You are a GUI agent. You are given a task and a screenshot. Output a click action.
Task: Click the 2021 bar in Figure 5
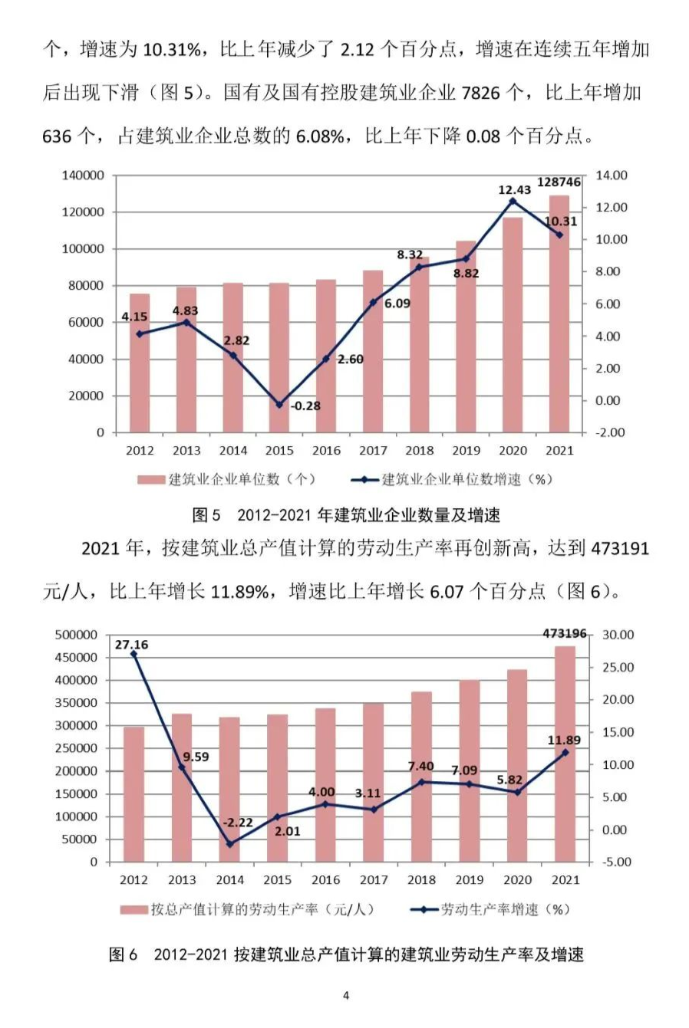click(x=559, y=314)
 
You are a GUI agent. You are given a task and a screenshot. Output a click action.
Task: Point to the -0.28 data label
click(x=305, y=406)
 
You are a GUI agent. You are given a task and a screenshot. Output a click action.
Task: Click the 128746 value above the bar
click(x=559, y=182)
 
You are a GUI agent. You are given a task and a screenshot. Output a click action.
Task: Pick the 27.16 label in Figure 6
click(x=132, y=645)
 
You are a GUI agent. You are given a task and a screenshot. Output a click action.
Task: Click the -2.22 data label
click(x=237, y=823)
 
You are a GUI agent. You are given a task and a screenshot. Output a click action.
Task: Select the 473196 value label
click(x=564, y=633)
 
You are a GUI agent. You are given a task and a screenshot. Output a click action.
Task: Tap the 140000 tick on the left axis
click(x=83, y=176)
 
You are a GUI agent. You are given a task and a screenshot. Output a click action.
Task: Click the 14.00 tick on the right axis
click(x=612, y=176)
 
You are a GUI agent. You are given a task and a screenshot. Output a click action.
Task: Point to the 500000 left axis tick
click(x=76, y=635)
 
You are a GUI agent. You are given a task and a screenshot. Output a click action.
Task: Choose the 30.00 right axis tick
click(x=618, y=635)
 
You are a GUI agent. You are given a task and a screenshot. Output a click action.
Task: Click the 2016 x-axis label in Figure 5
click(x=326, y=451)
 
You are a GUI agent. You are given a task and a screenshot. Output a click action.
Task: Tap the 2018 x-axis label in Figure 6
click(x=421, y=880)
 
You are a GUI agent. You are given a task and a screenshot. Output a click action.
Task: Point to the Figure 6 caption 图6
click(x=124, y=954)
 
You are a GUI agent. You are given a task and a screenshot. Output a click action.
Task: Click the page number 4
click(x=346, y=996)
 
